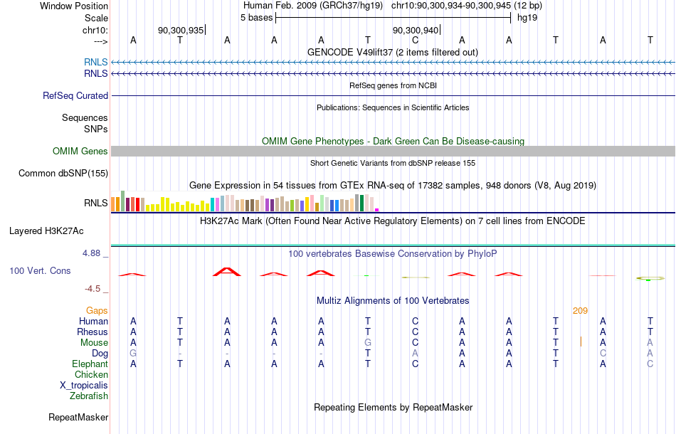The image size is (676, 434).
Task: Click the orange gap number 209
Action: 580,311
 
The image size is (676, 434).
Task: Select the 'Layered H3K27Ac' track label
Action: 46,231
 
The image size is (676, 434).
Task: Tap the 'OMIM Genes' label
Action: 80,152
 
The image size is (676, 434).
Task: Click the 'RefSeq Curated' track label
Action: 75,95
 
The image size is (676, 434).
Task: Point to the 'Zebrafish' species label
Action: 89,396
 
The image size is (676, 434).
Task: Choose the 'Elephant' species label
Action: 90,364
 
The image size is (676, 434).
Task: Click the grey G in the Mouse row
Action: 368,343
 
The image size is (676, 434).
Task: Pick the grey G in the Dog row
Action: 133,354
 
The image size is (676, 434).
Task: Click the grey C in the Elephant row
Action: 650,364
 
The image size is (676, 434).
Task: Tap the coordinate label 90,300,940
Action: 415,30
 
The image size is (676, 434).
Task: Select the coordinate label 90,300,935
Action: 181,30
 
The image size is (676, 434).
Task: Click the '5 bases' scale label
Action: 256,18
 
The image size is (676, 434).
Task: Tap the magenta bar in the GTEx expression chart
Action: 377,210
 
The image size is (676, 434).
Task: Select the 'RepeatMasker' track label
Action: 78,417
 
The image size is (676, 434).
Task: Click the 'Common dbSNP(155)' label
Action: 63,174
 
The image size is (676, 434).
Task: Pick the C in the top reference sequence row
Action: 415,41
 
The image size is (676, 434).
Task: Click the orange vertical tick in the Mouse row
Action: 581,342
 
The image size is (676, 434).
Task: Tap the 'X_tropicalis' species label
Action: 84,386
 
